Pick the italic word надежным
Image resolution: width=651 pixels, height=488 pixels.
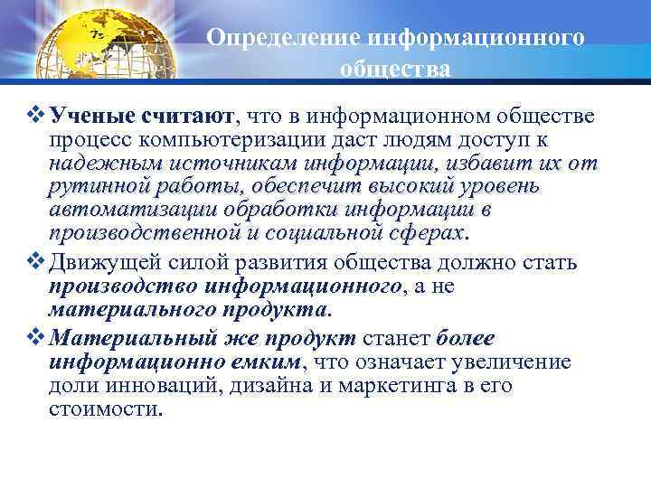(x=100, y=164)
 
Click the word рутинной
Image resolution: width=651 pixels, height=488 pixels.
(x=95, y=187)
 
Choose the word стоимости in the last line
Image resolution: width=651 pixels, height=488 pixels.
(x=103, y=408)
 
